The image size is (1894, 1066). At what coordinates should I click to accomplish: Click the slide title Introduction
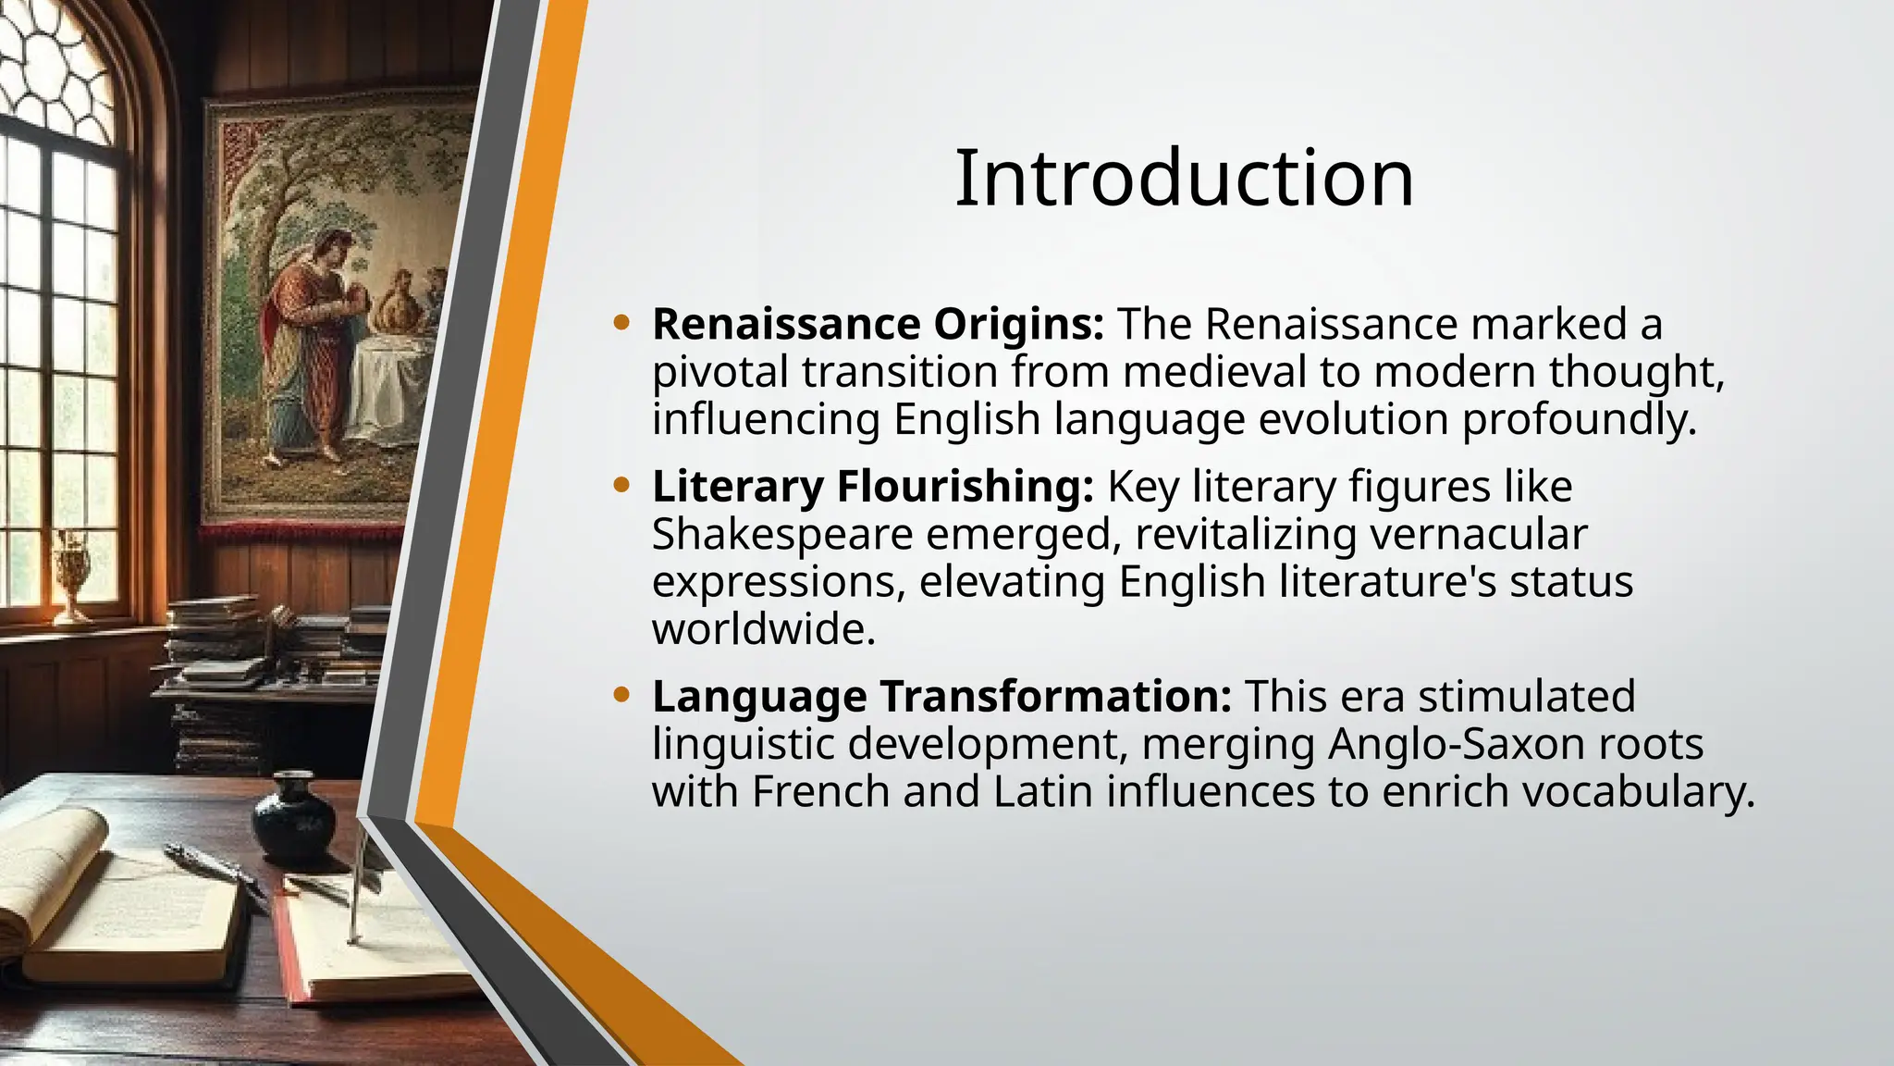1184,178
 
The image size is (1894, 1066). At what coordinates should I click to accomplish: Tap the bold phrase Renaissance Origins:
878,324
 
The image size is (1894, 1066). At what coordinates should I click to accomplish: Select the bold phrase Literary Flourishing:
872,487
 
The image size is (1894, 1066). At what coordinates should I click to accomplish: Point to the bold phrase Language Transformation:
941,696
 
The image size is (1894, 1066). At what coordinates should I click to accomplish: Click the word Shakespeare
782,535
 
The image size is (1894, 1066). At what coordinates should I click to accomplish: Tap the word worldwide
763,630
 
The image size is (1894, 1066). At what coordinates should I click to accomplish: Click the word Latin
1043,792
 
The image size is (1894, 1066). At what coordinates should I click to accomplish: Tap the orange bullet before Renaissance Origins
621,323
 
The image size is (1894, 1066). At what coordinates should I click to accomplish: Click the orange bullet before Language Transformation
621,695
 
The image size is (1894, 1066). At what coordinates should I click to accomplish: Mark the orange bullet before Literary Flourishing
621,485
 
